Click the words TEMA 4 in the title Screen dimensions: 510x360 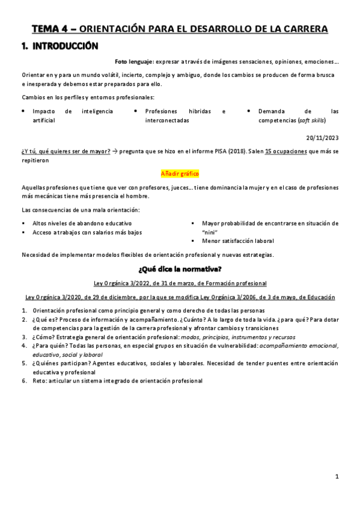(x=50, y=29)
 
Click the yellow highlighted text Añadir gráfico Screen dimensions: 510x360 (x=180, y=173)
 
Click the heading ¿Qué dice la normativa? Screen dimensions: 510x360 (x=180, y=268)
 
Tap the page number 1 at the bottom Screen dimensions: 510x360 (x=337, y=477)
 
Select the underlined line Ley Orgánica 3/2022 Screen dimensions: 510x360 (x=180, y=283)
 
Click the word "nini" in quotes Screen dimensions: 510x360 (x=210, y=232)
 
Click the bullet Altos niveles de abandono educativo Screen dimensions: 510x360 (x=82, y=223)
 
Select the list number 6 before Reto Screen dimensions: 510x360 (x=24, y=381)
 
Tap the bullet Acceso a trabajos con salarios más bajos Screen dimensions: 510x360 (x=87, y=232)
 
